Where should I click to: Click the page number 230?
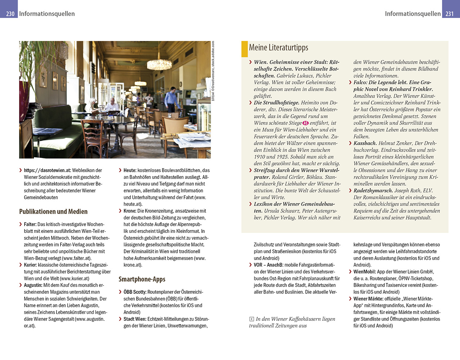tap(10, 14)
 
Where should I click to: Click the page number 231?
tap(450, 14)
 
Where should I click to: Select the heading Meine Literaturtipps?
tap(278, 48)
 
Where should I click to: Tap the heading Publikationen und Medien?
tap(53, 211)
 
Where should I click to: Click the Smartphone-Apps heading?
tap(142, 279)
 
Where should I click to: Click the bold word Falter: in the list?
tap(30, 224)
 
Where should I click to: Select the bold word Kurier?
tap(30, 265)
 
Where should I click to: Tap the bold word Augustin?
tap(33, 285)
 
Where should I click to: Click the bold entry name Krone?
tap(130, 211)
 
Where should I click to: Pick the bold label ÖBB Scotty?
tap(135, 292)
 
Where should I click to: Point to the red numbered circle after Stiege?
tap(305, 123)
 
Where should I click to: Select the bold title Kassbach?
tap(365, 143)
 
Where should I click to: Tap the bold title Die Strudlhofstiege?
tap(276, 103)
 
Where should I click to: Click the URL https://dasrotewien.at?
tap(47, 170)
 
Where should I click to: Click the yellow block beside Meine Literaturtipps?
tap(245, 49)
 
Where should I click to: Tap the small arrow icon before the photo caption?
tap(251, 319)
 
